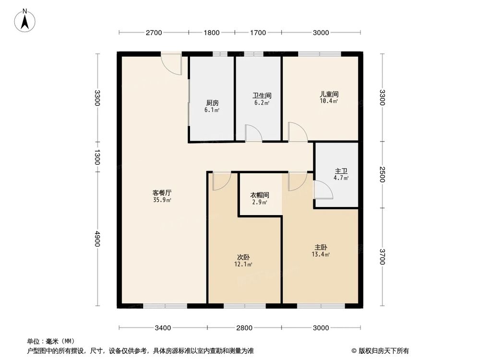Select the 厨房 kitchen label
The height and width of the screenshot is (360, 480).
212,103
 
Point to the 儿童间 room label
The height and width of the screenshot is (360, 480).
329,95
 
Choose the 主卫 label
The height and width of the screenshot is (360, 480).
341,171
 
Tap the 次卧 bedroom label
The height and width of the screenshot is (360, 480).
244,257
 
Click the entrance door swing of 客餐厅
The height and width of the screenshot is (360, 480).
172,64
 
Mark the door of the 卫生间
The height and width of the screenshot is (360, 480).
253,133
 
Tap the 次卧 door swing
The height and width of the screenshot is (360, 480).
221,181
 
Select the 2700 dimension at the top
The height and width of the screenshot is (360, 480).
154,33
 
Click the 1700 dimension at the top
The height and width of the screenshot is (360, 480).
258,33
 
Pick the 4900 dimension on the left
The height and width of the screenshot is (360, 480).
97,239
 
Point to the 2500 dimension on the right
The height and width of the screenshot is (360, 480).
382,175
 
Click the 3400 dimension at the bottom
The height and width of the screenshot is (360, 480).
163,328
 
